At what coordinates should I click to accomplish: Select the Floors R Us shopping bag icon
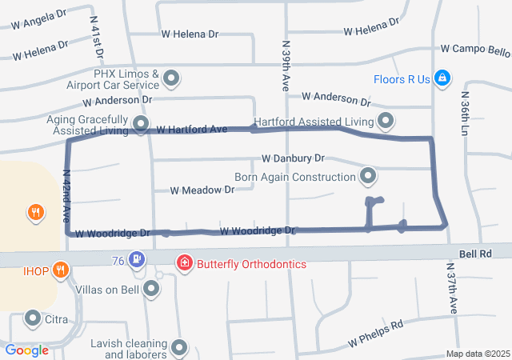(x=441, y=78)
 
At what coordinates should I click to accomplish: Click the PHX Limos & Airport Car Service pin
(x=171, y=78)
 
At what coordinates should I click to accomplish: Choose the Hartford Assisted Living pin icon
(x=386, y=122)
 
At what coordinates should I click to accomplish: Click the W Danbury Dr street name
(x=293, y=159)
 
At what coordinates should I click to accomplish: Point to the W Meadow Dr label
(x=202, y=190)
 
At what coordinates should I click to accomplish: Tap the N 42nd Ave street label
(x=66, y=195)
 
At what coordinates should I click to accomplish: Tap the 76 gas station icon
(x=138, y=260)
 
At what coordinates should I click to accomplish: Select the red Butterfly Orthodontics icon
(x=185, y=262)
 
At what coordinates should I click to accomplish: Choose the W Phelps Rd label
(x=376, y=334)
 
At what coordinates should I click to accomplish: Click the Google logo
(x=27, y=350)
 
